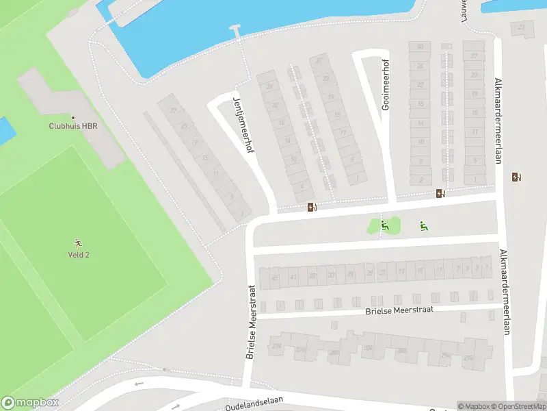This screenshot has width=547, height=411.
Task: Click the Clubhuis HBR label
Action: pos(72,126)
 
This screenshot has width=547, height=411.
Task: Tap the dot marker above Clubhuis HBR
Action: pos(72,117)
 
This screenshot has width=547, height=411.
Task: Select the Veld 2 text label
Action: pos(79,254)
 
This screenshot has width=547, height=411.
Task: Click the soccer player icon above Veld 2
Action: pos(79,243)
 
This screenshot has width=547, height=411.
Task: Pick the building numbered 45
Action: pos(275,277)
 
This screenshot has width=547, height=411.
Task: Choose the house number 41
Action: pos(293,277)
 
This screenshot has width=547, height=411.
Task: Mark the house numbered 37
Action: pos(312,276)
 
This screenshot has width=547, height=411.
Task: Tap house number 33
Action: pos(332,275)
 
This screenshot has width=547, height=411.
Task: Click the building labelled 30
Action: pos(420,47)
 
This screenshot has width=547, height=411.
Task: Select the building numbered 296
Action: pos(468,358)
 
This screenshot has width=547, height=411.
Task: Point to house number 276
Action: pos(301,349)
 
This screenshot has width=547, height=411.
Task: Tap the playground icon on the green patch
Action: pos(384,224)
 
